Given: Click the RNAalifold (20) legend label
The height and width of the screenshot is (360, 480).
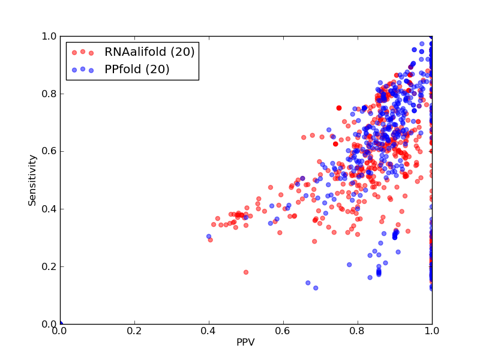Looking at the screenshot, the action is pos(149,52).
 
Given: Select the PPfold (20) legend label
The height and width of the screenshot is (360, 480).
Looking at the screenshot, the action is pos(137,70).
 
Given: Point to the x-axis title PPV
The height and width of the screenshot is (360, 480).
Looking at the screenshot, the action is pos(245,342).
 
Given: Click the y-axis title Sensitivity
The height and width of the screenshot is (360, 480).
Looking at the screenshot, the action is pos(32,180).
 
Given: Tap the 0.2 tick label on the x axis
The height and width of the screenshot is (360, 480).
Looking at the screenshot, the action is pos(134,331).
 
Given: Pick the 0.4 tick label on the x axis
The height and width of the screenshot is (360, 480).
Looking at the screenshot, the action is pos(209,331).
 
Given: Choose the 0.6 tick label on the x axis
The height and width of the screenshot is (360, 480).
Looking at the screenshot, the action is pos(283,331).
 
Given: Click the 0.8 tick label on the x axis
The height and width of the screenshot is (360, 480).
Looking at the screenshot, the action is pos(358,331).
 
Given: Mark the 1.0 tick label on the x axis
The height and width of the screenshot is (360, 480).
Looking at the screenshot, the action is pos(432,331).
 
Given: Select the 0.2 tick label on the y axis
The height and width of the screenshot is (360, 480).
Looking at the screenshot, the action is pos(49,266).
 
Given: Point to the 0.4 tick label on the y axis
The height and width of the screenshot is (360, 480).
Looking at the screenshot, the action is pos(49,209).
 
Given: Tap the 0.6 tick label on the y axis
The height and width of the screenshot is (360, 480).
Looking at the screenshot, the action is pos(49,152).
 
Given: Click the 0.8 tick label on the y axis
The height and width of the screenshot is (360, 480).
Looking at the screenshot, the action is pos(49,94).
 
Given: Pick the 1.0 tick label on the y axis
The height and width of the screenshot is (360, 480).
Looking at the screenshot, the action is pos(49,37).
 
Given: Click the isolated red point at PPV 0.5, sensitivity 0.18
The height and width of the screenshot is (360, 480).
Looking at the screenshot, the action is pos(246,272).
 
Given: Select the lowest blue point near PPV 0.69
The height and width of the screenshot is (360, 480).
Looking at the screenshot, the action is pos(316,288).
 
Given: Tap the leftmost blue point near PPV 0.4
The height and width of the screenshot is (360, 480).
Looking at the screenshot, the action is pos(209,236).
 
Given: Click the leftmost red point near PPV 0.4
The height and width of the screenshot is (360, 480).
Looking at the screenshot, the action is pos(211,240).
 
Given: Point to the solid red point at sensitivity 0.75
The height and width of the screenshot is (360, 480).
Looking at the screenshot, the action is pos(339,108).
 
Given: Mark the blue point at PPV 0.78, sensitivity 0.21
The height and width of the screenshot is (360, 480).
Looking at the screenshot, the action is pos(349,265).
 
